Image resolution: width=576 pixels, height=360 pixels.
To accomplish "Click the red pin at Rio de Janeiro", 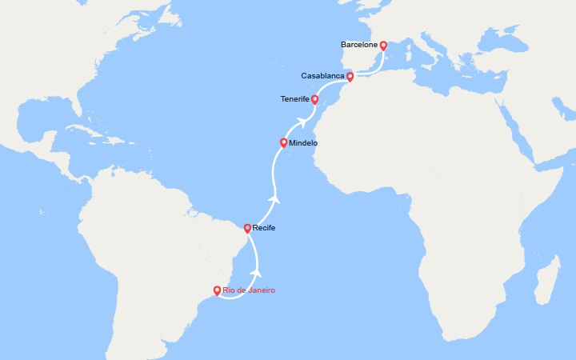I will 218,290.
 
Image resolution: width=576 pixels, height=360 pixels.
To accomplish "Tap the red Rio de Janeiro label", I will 249,290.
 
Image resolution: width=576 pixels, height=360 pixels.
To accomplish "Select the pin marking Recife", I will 247,228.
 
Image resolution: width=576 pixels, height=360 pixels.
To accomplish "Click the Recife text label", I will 264,228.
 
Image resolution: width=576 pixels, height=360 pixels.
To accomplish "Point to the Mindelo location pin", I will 283,142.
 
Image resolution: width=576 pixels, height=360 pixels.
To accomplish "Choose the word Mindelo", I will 303,142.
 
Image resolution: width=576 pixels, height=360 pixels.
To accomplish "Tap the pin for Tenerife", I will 314,99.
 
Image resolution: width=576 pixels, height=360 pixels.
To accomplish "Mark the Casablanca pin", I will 350,76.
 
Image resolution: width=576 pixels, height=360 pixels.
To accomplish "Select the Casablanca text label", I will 323,76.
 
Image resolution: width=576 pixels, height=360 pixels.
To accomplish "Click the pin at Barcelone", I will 383,46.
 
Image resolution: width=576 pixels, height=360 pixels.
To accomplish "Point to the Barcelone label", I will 359,46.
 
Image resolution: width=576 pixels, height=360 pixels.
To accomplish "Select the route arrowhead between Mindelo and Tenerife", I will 302,122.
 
